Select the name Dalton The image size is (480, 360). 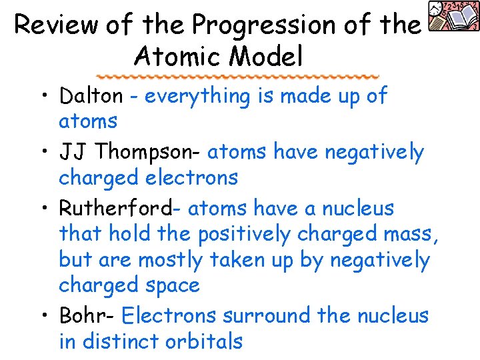point(91,96)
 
